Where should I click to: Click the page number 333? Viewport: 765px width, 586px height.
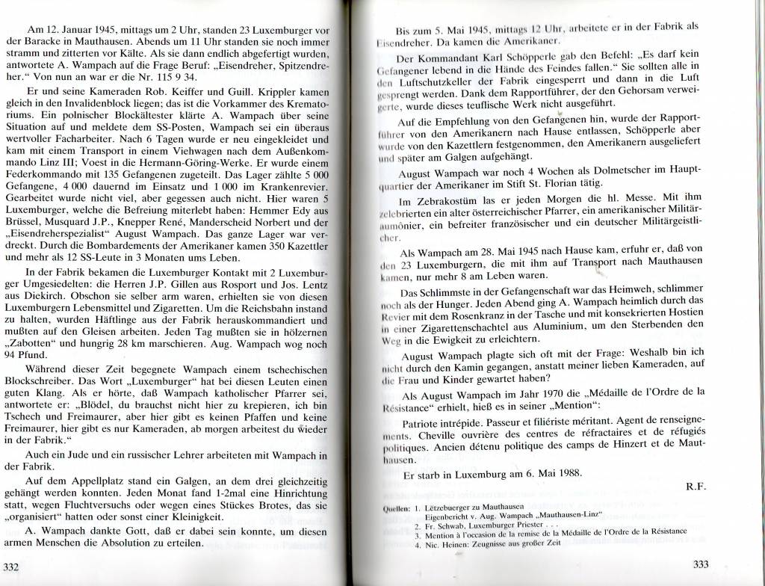700,564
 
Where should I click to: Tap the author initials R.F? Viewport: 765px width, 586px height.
696,485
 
